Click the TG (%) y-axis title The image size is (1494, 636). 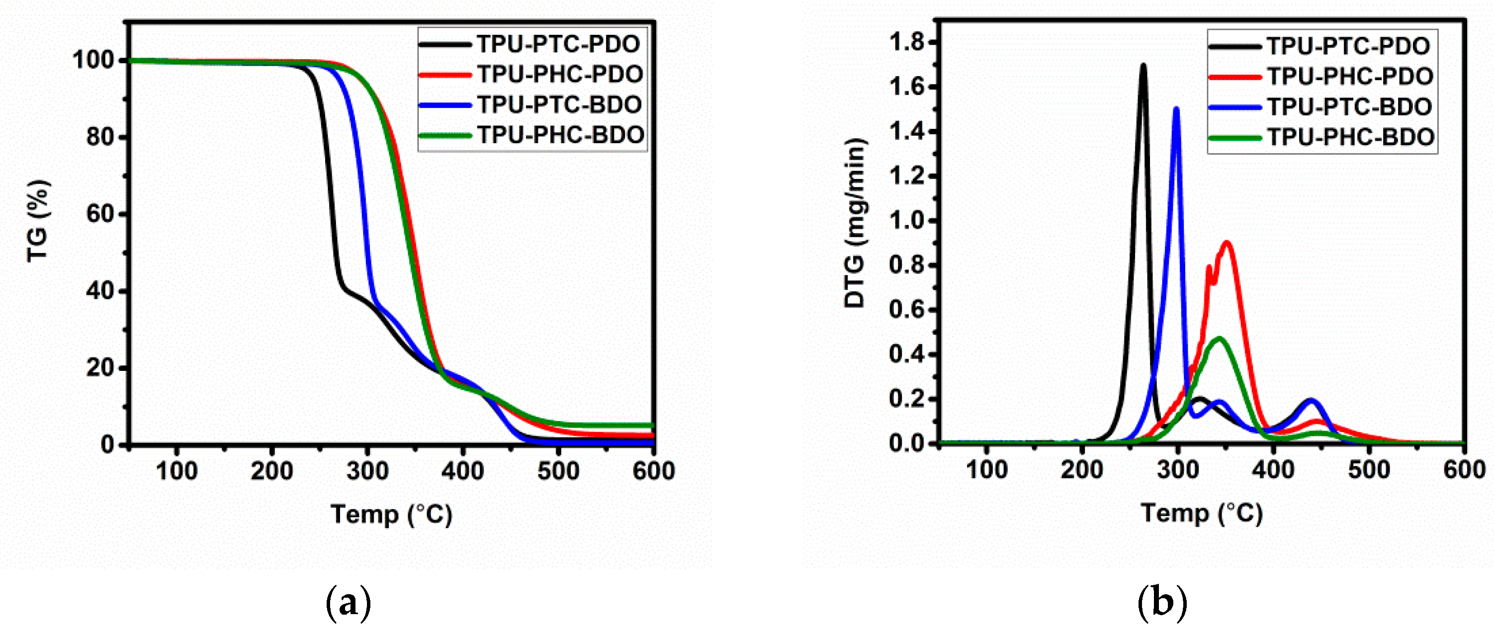pyautogui.click(x=38, y=222)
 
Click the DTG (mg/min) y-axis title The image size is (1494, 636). pyautogui.click(x=854, y=223)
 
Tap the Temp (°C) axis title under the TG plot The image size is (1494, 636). pyautogui.click(x=391, y=514)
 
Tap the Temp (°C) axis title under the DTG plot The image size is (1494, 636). pyautogui.click(x=1202, y=513)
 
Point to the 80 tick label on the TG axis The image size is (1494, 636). pyautogui.click(x=100, y=138)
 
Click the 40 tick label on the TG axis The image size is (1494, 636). pyautogui.click(x=100, y=291)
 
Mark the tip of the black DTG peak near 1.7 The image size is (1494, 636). pyautogui.click(x=1143, y=65)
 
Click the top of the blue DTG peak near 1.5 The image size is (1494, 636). pyautogui.click(x=1176, y=108)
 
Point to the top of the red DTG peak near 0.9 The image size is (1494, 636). pyautogui.click(x=1227, y=243)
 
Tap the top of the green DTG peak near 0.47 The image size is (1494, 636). pyautogui.click(x=1219, y=338)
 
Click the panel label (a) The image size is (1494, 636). pyautogui.click(x=348, y=604)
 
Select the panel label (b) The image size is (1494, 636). pyautogui.click(x=1162, y=604)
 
